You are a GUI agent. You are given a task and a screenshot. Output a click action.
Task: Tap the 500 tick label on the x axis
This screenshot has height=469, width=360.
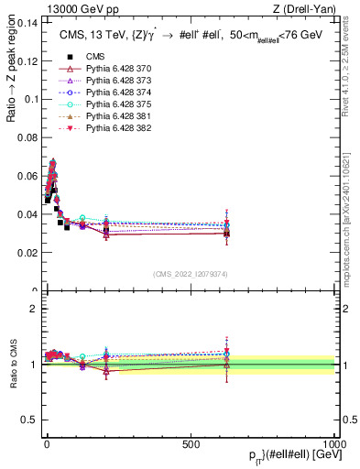coord(191,443)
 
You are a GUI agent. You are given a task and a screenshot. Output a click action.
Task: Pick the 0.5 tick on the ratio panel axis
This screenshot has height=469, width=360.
coord(29,420)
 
